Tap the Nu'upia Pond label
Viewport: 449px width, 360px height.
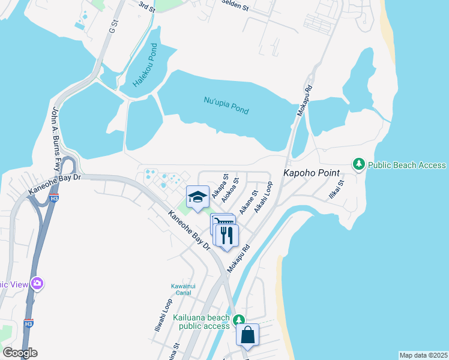click(x=226, y=106)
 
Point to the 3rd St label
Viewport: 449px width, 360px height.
click(x=147, y=6)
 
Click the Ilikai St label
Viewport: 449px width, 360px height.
click(x=336, y=190)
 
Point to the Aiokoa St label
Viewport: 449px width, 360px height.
click(x=231, y=190)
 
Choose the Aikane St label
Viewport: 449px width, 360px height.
click(x=249, y=202)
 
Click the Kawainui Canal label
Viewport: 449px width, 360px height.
click(x=181, y=289)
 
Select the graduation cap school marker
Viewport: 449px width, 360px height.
click(x=197, y=196)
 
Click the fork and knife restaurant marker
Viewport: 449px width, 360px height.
click(x=226, y=234)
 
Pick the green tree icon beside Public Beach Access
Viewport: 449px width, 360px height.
click(x=358, y=164)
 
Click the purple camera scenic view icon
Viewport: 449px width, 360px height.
click(x=37, y=283)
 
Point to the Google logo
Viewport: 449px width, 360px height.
click(x=20, y=352)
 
